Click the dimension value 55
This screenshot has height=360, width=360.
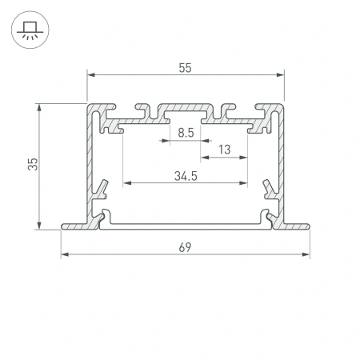(185, 68)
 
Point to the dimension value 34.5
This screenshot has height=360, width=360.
(185, 175)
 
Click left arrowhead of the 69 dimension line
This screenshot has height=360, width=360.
(64, 256)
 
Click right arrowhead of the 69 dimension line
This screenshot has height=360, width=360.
(307, 256)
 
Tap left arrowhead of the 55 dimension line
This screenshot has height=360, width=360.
(90, 75)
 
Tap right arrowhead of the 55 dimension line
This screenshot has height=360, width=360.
(282, 75)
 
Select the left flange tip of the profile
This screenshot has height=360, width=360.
(63, 227)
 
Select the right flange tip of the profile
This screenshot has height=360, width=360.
(308, 227)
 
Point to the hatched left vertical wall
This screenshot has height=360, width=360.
(90, 160)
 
